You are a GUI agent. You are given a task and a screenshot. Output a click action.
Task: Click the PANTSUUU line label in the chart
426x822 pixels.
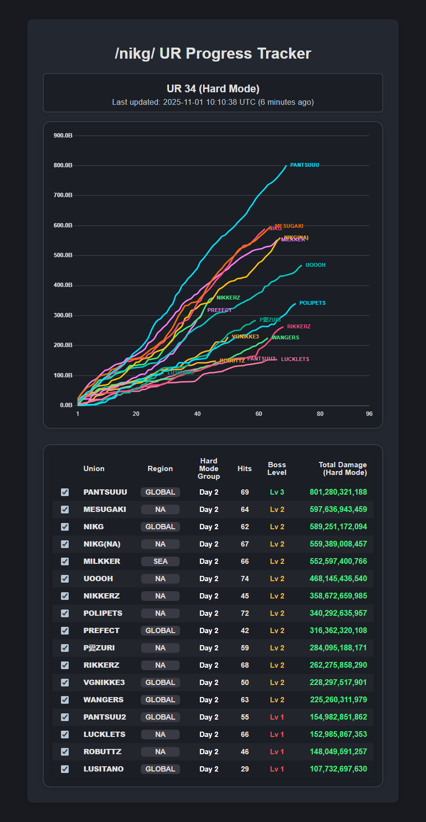304,165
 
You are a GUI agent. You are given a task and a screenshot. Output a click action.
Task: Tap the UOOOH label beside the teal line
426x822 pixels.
316,265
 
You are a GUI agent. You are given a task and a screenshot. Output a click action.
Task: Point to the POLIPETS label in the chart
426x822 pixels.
312,303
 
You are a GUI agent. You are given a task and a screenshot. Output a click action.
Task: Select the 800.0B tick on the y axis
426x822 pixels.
63,165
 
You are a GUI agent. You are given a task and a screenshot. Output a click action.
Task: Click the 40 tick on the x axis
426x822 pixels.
197,414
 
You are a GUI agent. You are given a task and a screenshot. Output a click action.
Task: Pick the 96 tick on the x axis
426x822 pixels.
369,414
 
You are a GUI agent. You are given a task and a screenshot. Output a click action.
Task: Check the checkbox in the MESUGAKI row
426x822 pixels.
65,510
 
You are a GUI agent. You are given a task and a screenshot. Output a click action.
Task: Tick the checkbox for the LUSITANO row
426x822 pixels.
65,769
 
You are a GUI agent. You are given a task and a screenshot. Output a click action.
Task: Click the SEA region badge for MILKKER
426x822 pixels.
160,561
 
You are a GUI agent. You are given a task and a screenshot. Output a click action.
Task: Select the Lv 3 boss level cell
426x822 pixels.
277,492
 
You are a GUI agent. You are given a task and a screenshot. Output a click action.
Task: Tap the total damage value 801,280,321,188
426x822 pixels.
338,492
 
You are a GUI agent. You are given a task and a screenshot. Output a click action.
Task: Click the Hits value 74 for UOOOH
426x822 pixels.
245,579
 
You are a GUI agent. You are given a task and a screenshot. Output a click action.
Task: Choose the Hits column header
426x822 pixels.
244,469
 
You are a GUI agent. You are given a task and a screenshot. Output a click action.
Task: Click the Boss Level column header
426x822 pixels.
277,469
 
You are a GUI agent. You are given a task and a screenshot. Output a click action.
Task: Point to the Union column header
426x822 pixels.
94,469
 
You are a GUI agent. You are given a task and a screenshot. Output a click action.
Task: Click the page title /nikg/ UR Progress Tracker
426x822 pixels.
213,53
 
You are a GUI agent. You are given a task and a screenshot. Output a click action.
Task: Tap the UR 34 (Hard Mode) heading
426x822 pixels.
213,89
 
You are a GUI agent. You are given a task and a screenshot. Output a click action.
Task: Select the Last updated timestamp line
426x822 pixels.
213,102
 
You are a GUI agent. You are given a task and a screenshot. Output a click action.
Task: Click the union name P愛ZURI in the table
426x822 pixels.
99,648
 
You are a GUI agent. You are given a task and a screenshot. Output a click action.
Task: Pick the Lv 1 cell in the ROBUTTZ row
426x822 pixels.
277,752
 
